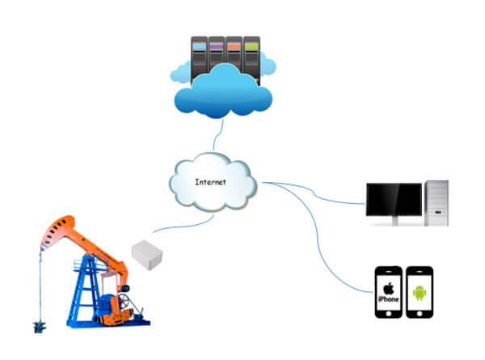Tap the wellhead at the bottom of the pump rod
click(37, 326)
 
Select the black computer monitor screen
click(394, 200)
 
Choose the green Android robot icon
click(419, 291)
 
